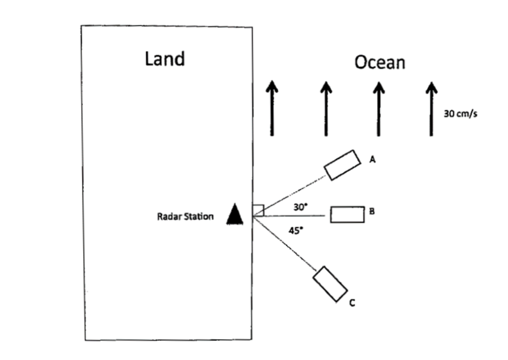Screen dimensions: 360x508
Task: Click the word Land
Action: [165, 59]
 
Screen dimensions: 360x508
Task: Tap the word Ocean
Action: [380, 61]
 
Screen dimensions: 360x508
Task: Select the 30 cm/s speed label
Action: [460, 113]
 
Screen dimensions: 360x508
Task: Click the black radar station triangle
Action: [235, 214]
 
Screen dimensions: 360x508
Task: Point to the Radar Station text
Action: [181, 217]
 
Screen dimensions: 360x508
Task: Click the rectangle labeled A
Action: [342, 164]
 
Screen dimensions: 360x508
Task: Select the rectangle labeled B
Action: [347, 214]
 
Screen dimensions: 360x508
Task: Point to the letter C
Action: [352, 304]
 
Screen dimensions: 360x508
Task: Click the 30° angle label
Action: [300, 207]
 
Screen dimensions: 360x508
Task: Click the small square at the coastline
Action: [258, 210]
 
